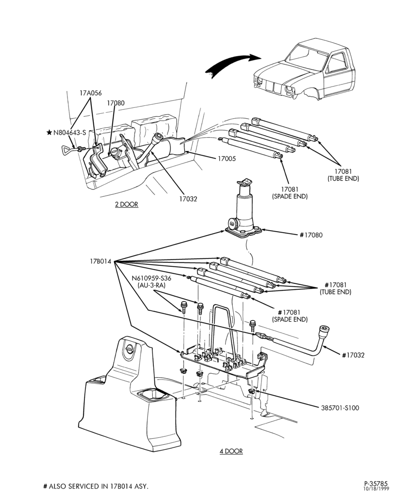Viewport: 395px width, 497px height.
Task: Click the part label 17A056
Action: pos(90,93)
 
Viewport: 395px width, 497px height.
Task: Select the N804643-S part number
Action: pos(69,133)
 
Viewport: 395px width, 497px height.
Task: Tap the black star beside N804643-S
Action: pos(49,132)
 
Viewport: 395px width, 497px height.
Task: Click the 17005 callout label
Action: pos(227,159)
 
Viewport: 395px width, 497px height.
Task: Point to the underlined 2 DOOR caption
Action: pos(127,204)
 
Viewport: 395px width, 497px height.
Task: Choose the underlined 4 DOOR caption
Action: pos(231,451)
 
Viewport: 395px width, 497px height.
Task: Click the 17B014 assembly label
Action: pos(101,261)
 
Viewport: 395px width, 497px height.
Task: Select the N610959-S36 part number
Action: pos(151,278)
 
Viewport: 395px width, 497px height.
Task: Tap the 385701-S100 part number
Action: pos(340,408)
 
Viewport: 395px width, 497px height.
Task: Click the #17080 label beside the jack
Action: pos(311,235)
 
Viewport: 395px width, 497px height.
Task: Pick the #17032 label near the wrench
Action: pos(353,355)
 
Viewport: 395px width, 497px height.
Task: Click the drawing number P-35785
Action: pos(376,484)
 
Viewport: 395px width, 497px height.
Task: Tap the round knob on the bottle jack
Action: pos(233,225)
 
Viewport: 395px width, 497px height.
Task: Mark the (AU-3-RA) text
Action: pos(151,285)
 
